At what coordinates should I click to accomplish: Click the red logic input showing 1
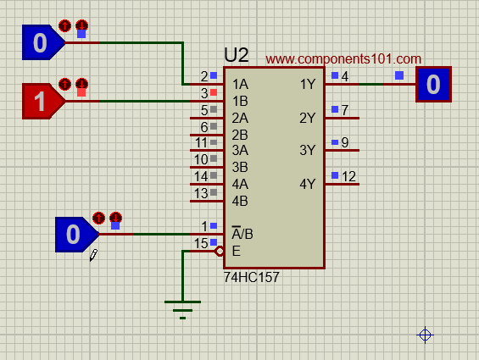[42, 101]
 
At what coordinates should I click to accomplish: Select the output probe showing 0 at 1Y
[433, 84]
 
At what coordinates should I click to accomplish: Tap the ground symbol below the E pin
[182, 310]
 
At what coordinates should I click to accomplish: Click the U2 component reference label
[237, 55]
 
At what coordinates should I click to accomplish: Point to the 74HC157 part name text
[252, 277]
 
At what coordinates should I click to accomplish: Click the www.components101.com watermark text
[343, 58]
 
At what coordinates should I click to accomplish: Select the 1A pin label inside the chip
[241, 84]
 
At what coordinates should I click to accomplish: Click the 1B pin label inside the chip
[240, 101]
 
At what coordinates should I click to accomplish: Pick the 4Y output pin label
[307, 184]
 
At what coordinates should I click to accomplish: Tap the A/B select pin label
[242, 234]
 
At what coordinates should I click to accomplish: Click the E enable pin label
[237, 252]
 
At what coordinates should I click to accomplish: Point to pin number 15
[201, 243]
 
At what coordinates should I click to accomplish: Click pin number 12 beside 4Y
[348, 176]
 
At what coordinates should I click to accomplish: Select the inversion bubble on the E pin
[220, 252]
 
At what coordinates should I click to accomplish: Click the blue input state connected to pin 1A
[42, 42]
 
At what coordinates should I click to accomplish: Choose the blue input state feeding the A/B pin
[76, 235]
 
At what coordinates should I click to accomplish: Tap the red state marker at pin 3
[214, 92]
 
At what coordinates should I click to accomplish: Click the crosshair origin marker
[425, 335]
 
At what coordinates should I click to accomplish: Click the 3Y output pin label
[307, 150]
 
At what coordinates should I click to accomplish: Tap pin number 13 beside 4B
[201, 193]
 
